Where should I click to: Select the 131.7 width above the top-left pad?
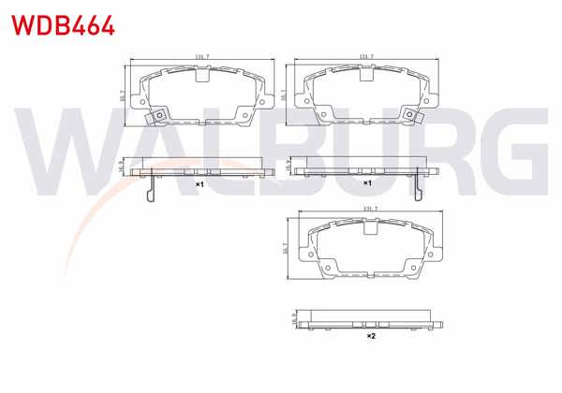point(200,58)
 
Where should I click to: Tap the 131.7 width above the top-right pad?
point(366,57)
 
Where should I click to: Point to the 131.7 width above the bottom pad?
point(369,209)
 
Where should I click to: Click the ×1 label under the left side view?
point(200,185)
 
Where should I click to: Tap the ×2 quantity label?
point(370,335)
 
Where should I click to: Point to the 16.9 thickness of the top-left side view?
point(123,166)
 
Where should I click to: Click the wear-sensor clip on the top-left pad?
point(159,116)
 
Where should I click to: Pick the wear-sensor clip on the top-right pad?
point(411,113)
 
